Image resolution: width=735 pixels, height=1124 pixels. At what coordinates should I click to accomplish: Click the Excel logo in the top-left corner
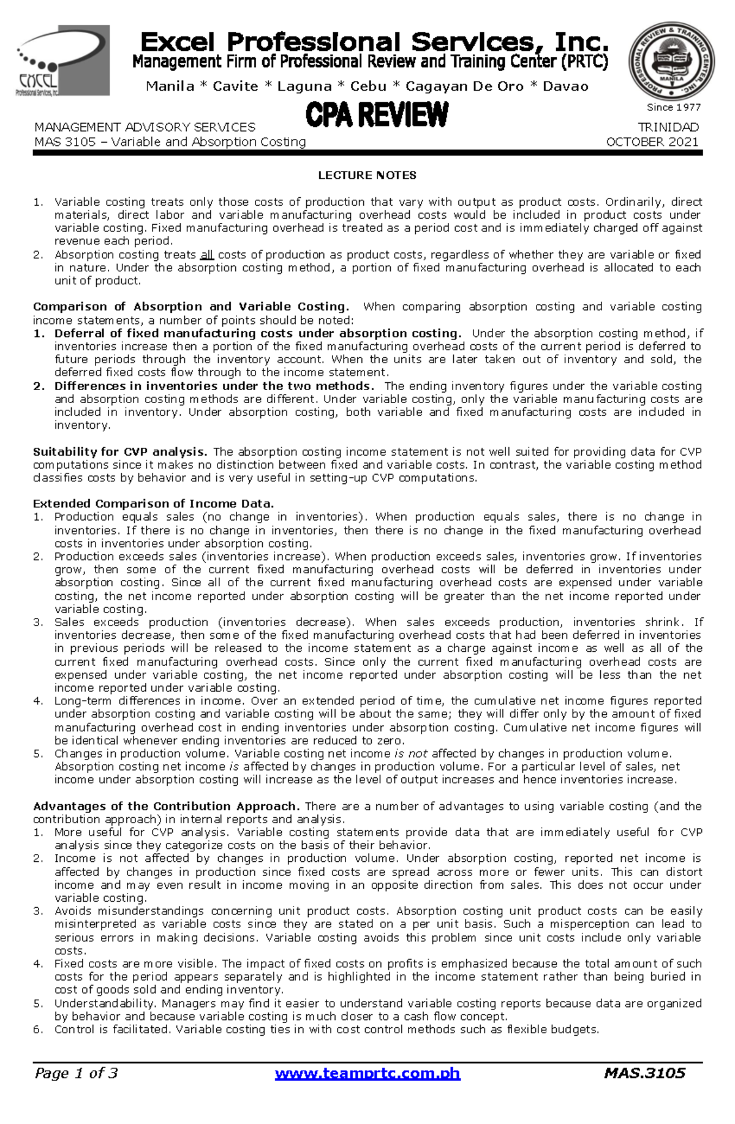(63, 61)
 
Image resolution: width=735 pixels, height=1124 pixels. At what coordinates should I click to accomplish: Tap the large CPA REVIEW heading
(377, 115)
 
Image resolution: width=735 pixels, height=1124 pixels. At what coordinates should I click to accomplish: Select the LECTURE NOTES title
(367, 175)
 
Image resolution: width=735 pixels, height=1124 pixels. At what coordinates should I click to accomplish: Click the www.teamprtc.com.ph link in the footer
(367, 1073)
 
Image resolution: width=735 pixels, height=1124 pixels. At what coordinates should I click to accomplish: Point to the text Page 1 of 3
(77, 1073)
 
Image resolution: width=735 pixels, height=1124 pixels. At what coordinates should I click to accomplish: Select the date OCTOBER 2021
(652, 142)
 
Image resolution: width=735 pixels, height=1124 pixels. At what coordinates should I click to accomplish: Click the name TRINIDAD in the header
(668, 127)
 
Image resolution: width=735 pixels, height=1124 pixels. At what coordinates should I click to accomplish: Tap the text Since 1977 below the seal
(674, 107)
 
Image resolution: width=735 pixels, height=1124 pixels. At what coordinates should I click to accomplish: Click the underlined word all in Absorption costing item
(207, 255)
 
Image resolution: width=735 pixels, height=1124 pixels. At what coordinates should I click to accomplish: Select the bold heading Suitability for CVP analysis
(120, 452)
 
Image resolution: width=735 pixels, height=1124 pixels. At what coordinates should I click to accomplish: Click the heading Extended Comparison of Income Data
(153, 504)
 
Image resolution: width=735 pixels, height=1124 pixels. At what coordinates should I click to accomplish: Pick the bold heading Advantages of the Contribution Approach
(166, 806)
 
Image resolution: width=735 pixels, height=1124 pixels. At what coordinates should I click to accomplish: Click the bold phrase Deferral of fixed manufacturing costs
(257, 334)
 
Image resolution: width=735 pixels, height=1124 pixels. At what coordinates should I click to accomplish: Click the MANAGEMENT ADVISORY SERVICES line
(145, 127)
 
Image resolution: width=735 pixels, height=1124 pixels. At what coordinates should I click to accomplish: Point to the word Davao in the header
(565, 86)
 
